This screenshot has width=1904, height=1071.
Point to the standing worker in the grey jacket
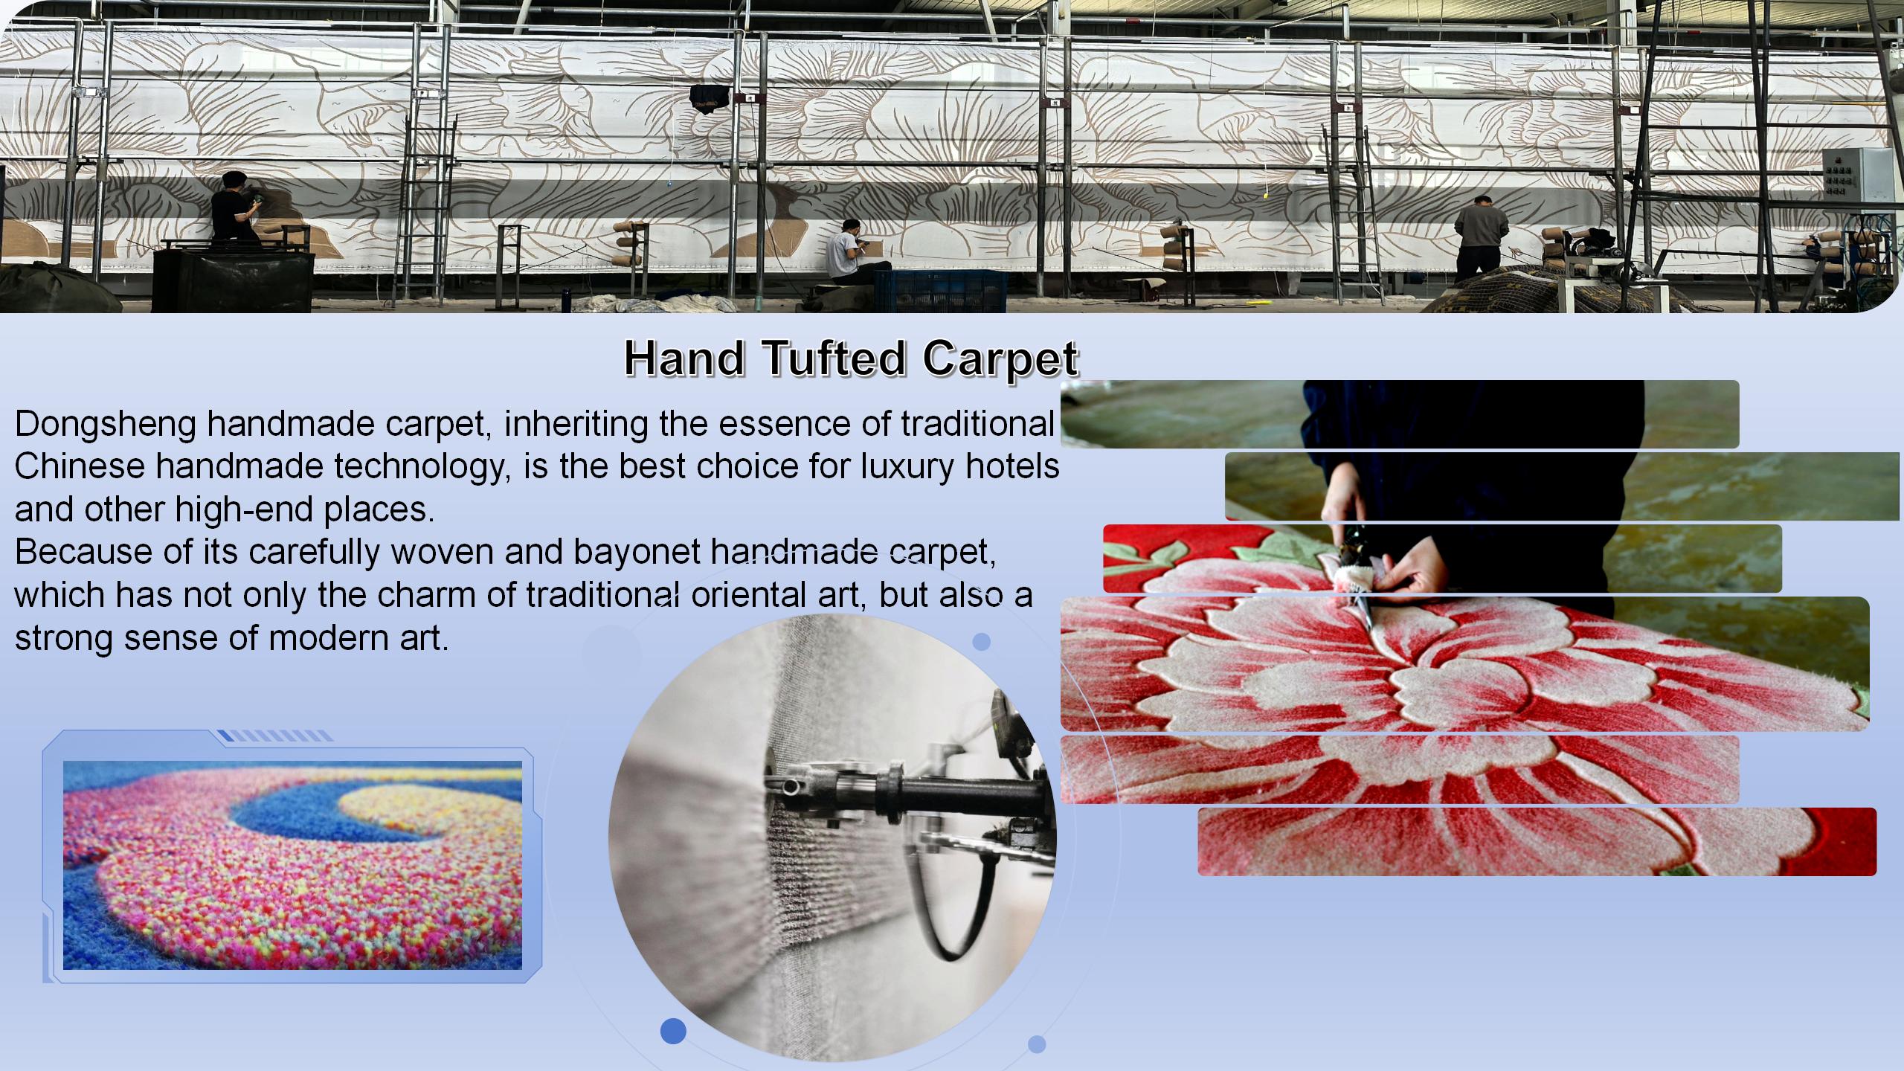tap(1480, 234)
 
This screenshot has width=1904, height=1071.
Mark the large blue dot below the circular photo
tap(673, 1031)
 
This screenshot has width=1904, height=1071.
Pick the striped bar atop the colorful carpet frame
tap(276, 736)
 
